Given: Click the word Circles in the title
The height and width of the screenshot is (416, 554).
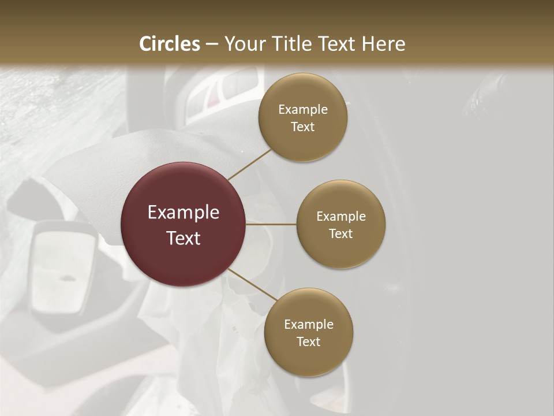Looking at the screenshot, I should (169, 44).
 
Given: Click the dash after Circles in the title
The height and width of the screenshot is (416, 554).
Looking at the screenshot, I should (212, 44).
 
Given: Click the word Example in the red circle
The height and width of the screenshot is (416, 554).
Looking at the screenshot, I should (183, 213).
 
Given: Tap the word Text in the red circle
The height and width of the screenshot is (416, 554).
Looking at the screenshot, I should (183, 238).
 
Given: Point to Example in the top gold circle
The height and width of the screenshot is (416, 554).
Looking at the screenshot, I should (302, 110).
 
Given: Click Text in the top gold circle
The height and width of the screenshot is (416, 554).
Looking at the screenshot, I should (302, 127).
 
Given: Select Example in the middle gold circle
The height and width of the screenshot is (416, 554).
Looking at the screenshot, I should (340, 217).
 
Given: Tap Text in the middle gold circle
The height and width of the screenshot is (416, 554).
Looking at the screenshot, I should (340, 234).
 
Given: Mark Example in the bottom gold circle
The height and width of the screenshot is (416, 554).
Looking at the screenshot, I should (308, 325).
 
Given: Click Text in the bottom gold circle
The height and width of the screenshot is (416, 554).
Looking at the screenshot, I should (308, 342).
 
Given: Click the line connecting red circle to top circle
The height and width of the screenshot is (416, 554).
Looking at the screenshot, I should (250, 164).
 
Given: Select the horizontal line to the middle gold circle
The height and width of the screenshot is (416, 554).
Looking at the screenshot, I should (271, 224).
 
